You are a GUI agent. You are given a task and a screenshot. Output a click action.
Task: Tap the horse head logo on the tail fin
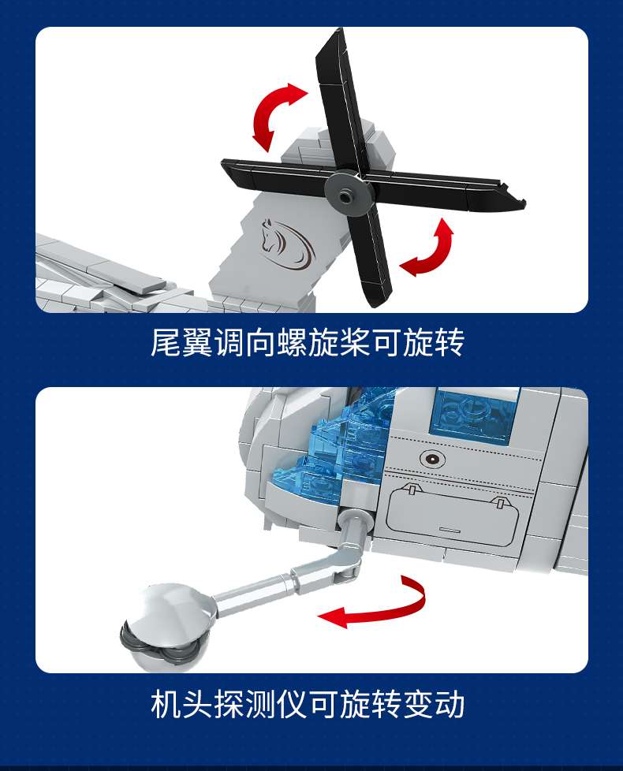coord(287,244)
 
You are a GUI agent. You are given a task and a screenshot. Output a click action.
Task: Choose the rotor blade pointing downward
coord(367,255)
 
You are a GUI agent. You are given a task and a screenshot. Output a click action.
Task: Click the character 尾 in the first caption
coord(166,342)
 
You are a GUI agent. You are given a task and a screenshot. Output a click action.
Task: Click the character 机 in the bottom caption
coord(166,704)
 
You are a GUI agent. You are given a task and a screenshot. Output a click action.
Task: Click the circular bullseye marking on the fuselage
coord(433,460)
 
